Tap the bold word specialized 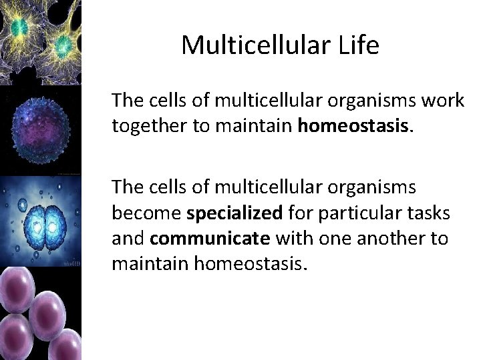pyautogui.click(x=234, y=214)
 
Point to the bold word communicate pyautogui.click(x=210, y=239)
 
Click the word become pyautogui.click(x=147, y=214)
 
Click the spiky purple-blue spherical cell pyautogui.click(x=40, y=127)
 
